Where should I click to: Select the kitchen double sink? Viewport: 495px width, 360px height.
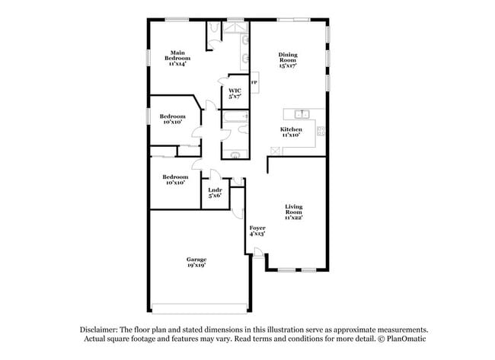[302, 113]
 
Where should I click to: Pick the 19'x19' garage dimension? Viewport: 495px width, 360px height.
[196, 266]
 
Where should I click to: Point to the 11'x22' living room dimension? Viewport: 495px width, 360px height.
[294, 218]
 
